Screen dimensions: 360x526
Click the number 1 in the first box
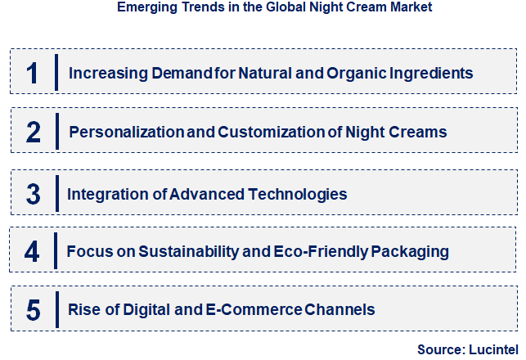[x=33, y=73]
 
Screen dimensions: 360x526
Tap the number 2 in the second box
[x=33, y=131]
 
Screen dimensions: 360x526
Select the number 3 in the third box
[x=33, y=194]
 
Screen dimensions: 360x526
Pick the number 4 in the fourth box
[x=33, y=250]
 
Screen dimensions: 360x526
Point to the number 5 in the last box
[x=33, y=309]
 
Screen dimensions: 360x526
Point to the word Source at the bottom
[x=440, y=349]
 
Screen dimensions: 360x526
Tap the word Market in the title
[x=410, y=7]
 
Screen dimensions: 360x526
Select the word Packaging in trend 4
[x=410, y=250]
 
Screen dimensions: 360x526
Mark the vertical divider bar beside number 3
[x=57, y=194]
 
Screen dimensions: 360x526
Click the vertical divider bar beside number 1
[x=56, y=73]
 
